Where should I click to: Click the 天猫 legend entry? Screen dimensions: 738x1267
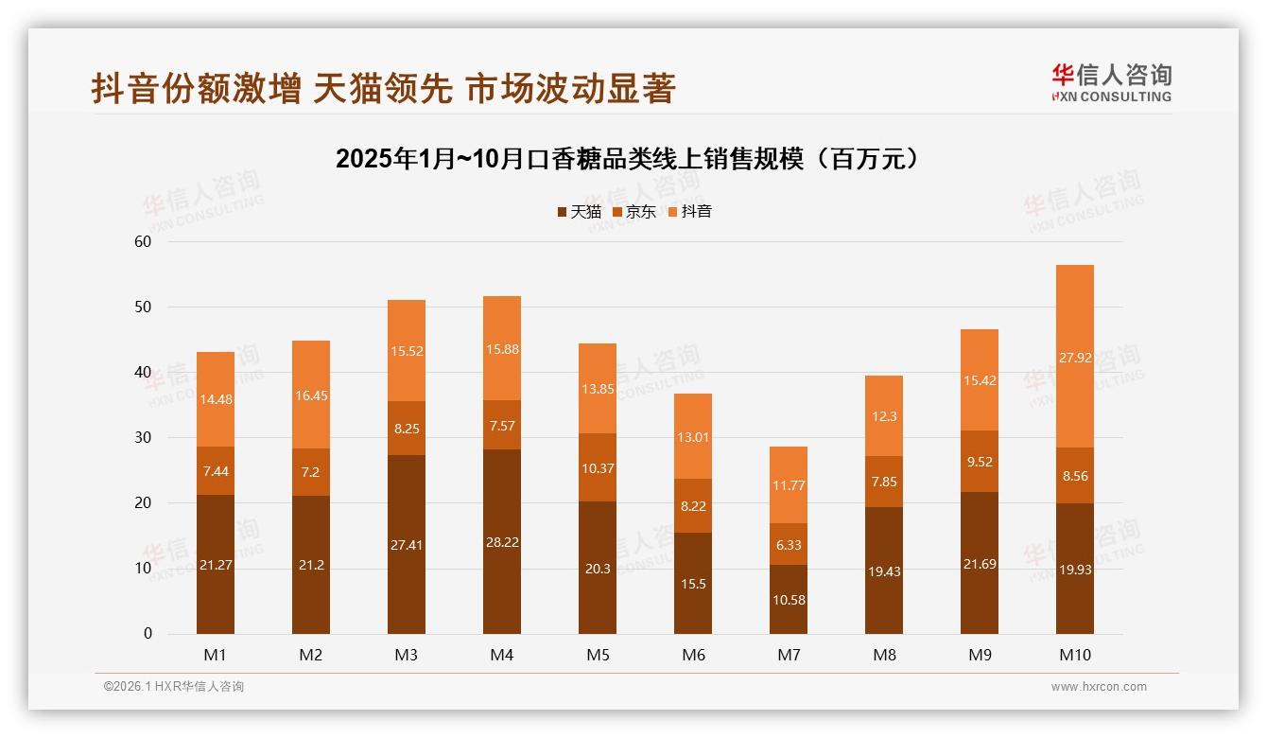pos(579,212)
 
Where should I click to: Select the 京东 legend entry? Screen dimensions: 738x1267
pos(634,212)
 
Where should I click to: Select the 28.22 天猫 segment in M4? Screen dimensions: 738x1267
pos(501,541)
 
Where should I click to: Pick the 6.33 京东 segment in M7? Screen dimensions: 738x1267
pos(788,544)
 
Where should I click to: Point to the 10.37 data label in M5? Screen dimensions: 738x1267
pos(597,468)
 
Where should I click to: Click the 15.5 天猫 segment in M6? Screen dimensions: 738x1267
pos(692,583)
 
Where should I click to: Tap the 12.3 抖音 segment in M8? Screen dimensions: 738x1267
pos(883,416)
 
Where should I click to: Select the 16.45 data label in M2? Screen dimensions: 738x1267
pos(311,395)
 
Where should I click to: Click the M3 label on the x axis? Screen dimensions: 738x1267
pos(407,655)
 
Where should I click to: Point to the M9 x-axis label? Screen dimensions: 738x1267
pos(980,655)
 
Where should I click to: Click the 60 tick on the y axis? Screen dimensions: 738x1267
pos(143,241)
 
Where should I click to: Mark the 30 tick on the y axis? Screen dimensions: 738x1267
pos(143,437)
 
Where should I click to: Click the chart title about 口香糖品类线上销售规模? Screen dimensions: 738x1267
pos(627,158)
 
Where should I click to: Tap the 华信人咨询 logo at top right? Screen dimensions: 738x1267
pos(1111,82)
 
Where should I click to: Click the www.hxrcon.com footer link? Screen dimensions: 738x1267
pos(1099,687)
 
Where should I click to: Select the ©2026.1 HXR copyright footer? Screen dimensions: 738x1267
pos(174,687)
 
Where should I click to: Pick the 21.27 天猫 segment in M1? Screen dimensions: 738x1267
pos(216,564)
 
